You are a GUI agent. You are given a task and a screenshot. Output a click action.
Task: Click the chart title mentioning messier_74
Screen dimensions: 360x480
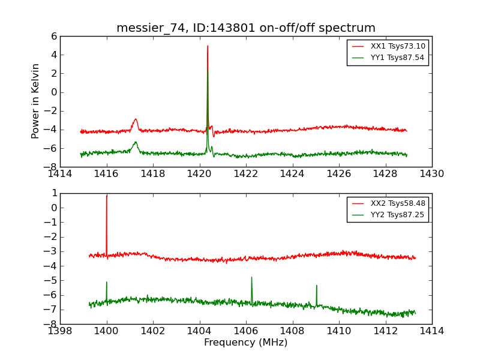click(246, 28)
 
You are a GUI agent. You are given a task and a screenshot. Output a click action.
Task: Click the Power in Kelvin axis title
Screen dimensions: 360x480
click(36, 101)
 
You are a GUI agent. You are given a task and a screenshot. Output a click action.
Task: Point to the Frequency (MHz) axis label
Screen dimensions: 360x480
click(246, 343)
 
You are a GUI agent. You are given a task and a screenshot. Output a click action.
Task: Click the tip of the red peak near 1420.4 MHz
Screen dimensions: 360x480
click(208, 46)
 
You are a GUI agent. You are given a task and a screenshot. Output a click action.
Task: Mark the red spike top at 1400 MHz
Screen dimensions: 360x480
click(107, 196)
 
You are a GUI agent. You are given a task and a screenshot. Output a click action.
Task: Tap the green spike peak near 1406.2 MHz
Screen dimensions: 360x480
click(251, 277)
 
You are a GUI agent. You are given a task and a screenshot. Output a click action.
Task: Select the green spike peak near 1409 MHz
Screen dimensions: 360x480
click(316, 286)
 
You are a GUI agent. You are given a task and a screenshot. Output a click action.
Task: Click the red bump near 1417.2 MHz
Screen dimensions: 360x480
click(136, 119)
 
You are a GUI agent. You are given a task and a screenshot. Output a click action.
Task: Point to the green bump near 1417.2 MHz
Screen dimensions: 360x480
click(136, 142)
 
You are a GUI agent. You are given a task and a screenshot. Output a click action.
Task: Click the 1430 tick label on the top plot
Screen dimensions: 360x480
click(431, 174)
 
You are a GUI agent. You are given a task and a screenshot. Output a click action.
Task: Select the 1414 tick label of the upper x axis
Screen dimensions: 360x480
click(60, 174)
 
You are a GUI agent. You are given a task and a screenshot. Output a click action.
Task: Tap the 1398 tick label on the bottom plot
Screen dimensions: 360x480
click(60, 331)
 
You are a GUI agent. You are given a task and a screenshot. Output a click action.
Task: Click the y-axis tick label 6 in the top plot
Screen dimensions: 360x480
click(54, 36)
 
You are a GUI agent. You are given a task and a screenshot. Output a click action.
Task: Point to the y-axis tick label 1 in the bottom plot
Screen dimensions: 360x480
click(54, 193)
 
